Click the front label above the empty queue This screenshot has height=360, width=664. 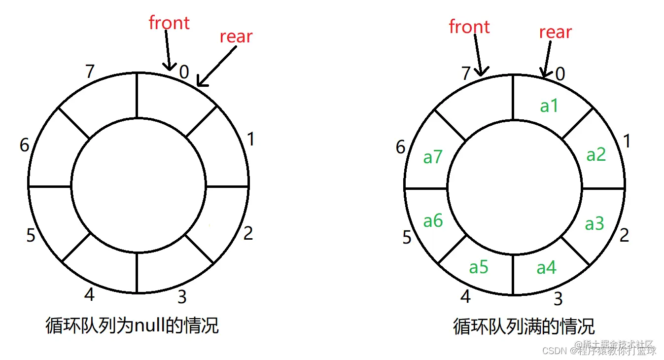[169, 23]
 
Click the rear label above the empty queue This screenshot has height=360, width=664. [236, 36]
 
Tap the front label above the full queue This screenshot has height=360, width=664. [469, 27]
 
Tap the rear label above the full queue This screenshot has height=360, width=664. [555, 32]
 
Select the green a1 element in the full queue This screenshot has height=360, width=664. [549, 106]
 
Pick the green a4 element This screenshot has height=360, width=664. [546, 267]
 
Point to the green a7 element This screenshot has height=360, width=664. [433, 157]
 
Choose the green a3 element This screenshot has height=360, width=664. [594, 223]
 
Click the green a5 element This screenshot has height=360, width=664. [479, 267]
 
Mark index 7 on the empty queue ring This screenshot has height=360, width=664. [89, 72]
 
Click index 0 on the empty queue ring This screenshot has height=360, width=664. [184, 72]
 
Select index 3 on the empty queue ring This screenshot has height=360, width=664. [182, 297]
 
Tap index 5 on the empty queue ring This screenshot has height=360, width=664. [31, 236]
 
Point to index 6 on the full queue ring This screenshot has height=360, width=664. [401, 147]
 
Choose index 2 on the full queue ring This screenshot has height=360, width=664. [624, 235]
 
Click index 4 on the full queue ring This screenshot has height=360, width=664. [465, 296]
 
